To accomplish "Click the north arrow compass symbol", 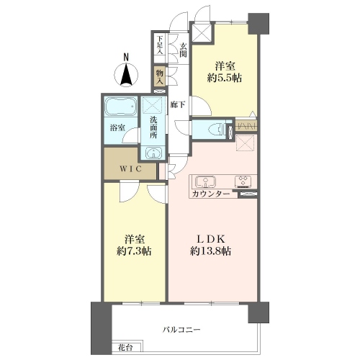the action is point(126,74).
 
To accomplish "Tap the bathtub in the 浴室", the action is point(121,107).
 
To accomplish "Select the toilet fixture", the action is point(217,130).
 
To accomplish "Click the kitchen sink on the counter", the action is point(205,181).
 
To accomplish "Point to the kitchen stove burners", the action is point(243,181).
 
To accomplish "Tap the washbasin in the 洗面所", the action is point(153,153).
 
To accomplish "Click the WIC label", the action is point(130,169).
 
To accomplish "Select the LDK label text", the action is point(210,239).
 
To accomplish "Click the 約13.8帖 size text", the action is point(210,251).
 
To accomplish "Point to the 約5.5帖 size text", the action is point(225,78).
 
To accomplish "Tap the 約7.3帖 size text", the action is point(134,251).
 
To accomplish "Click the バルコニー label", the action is point(181,330).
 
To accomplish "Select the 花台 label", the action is point(125,348).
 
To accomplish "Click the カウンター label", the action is point(210,194).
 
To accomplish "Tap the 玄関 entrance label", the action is point(183,50).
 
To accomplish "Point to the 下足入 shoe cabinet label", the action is point(160,45).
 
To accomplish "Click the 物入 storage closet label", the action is point(160,77).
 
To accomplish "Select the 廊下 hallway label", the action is point(178,104).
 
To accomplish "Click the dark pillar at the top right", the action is point(258,24).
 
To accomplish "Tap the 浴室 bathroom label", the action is point(117,128).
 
